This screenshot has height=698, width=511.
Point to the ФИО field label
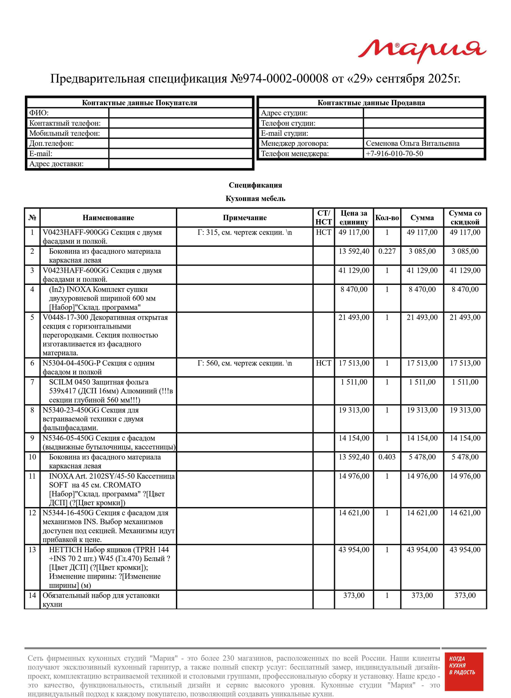[39, 113]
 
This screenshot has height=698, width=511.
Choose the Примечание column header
[244, 218]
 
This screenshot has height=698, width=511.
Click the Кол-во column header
[387, 218]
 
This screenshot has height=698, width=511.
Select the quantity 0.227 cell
[387, 251]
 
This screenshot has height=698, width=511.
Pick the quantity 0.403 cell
[387, 457]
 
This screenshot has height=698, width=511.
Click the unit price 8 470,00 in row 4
[354, 289]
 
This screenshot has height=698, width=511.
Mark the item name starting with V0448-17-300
[105, 335]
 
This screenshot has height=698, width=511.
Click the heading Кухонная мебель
[255, 199]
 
